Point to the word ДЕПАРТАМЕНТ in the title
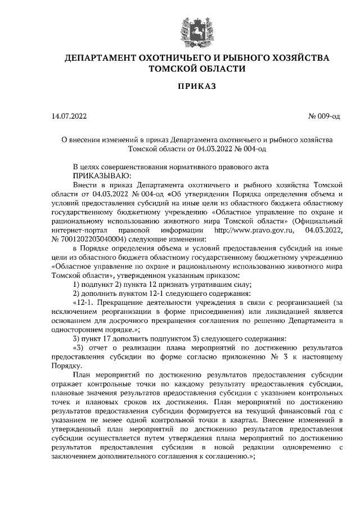tap(103, 58)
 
